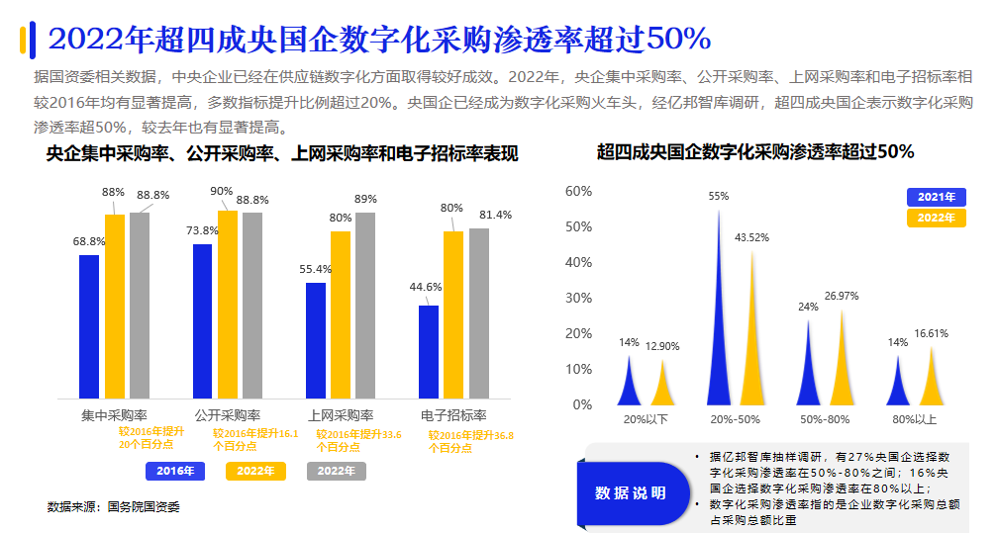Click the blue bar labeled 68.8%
click(89, 326)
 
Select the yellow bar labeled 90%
click(228, 305)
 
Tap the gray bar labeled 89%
click(365, 305)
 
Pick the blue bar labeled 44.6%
click(429, 351)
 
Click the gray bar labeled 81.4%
click(479, 312)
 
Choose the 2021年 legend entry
click(936, 197)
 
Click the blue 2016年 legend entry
click(175, 471)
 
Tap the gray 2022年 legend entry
click(337, 471)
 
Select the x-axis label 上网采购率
click(341, 415)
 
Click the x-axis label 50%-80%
click(825, 419)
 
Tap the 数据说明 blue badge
click(631, 492)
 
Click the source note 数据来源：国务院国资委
click(114, 506)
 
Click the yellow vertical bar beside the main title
click(23, 40)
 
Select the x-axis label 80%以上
click(914, 419)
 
